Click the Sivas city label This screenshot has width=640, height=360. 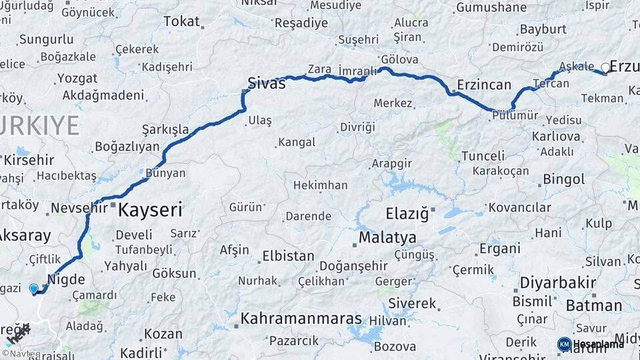(x=267, y=83)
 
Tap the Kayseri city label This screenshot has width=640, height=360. (x=151, y=211)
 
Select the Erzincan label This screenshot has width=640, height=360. (x=485, y=85)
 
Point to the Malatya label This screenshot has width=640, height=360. (x=387, y=237)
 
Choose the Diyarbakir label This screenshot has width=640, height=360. (x=558, y=283)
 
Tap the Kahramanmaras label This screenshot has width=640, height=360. (x=301, y=319)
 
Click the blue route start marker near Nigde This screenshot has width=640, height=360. (x=34, y=289)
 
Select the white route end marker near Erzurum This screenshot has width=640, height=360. (x=605, y=67)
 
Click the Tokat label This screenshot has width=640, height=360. (x=181, y=21)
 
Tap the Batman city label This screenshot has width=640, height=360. (x=594, y=306)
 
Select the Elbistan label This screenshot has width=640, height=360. (x=288, y=256)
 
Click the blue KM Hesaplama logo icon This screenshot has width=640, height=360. (x=564, y=344)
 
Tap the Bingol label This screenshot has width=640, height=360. (x=564, y=179)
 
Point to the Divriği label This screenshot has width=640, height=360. (x=358, y=127)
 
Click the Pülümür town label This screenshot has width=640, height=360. (x=515, y=115)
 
